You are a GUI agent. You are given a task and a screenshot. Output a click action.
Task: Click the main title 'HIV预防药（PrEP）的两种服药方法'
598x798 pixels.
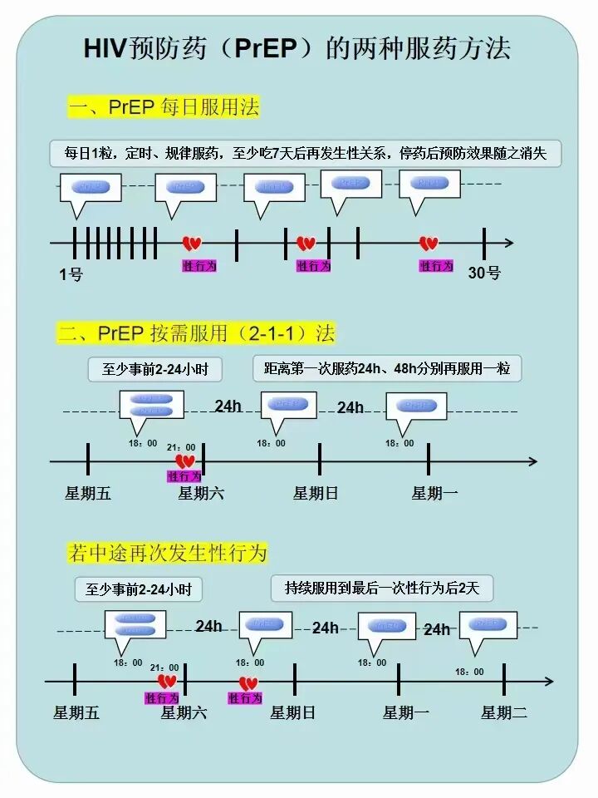(x=297, y=48)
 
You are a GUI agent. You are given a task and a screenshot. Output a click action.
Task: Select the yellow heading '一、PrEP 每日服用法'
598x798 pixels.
(x=163, y=107)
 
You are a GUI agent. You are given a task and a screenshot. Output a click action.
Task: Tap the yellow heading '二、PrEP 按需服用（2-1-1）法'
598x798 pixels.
(x=196, y=333)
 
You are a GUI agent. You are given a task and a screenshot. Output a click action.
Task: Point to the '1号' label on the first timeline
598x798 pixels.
(x=71, y=273)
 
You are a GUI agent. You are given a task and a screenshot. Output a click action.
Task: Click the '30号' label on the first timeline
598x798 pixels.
(x=484, y=273)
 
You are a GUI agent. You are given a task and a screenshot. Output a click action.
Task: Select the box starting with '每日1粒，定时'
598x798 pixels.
(x=305, y=153)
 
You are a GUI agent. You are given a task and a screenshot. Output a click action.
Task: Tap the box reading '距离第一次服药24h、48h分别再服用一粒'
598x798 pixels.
(x=387, y=368)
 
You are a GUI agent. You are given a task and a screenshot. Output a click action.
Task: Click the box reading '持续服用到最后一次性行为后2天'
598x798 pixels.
(x=382, y=589)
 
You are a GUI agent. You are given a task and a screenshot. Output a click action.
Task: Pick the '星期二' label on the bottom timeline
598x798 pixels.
(x=504, y=712)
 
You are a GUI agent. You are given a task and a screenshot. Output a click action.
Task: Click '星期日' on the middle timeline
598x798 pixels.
(x=316, y=493)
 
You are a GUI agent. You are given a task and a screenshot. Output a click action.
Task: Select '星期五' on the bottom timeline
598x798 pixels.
(x=76, y=712)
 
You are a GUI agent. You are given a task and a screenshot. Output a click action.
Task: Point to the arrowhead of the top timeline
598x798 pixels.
(x=508, y=244)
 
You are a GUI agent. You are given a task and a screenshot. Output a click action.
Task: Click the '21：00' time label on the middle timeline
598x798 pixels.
(x=181, y=447)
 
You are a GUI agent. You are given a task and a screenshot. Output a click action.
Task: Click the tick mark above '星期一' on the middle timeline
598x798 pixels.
(x=429, y=460)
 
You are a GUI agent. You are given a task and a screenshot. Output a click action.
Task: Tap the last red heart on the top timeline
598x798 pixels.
(x=429, y=244)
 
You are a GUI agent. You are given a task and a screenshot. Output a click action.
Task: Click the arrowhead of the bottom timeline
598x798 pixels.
(x=548, y=682)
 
